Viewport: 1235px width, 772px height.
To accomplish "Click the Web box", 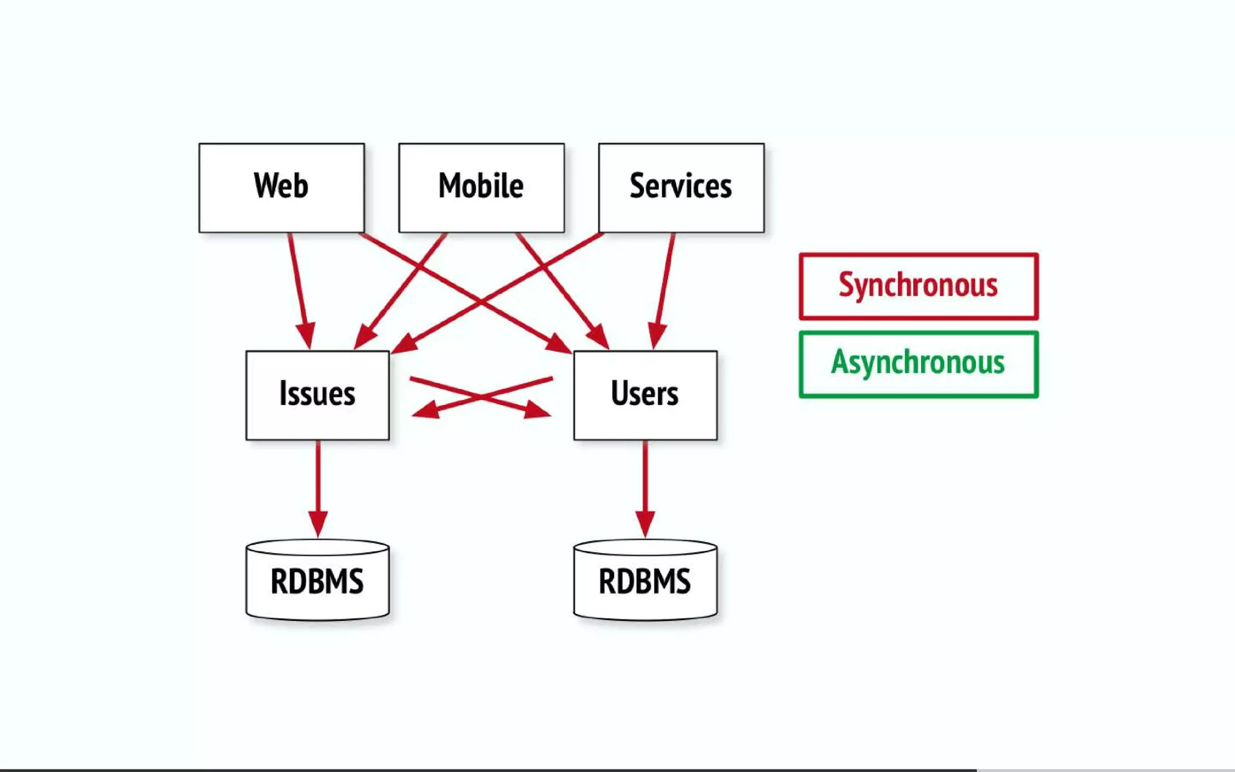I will [282, 188].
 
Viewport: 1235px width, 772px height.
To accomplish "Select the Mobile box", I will [481, 188].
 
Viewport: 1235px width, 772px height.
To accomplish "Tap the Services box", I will [681, 188].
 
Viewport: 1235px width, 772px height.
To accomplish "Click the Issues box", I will [317, 395].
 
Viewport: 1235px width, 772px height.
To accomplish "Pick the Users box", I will [645, 395].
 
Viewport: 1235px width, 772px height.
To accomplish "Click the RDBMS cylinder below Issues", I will [317, 581].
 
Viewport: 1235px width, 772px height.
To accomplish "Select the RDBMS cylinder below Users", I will [645, 581].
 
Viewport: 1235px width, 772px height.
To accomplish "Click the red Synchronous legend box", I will [918, 286].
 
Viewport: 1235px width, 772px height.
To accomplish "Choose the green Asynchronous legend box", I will [918, 364].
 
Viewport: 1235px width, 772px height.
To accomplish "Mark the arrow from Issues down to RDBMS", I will [318, 482].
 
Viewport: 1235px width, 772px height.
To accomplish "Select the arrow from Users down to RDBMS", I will [645, 482].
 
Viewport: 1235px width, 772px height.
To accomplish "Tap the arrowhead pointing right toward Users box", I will [537, 410].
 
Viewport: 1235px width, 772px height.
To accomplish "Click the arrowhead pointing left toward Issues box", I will [426, 410].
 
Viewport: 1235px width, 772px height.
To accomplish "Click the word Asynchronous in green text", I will [918, 362].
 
